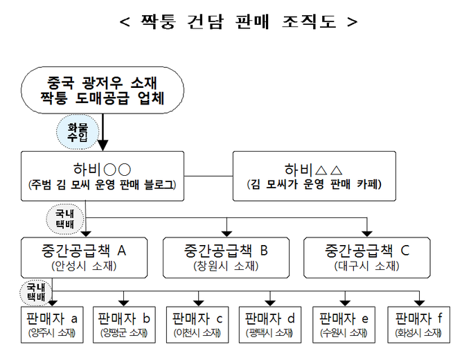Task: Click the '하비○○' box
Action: [103, 177]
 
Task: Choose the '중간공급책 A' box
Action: [86, 256]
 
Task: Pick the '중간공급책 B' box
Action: [226, 256]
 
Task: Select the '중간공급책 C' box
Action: [366, 256]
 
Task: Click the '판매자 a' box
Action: [52, 325]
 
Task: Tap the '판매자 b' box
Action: [125, 325]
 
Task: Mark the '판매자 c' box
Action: [199, 325]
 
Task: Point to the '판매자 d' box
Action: [271, 325]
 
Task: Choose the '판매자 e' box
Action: [344, 325]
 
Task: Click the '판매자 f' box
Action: [418, 325]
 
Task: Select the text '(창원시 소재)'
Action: [226, 265]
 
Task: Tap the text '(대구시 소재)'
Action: [366, 265]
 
